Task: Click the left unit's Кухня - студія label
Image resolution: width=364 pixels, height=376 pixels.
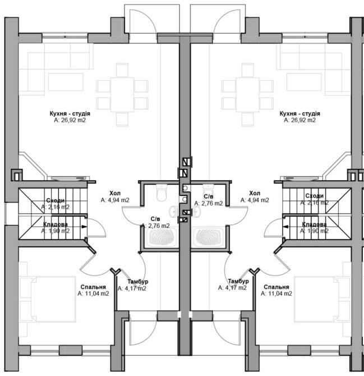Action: (x=70, y=113)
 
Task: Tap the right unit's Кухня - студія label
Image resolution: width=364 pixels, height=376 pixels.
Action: (x=300, y=113)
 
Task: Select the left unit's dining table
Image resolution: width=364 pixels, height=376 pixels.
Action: (x=122, y=95)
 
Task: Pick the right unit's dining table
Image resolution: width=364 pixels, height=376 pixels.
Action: (x=247, y=95)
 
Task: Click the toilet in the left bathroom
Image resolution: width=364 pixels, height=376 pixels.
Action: (x=162, y=192)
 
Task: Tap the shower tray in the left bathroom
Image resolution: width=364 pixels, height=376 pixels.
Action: (x=162, y=237)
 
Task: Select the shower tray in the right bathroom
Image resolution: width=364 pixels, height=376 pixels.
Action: (x=208, y=237)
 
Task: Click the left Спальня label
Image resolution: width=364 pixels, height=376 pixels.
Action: (x=93, y=287)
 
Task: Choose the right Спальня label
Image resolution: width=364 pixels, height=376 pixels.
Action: (x=277, y=287)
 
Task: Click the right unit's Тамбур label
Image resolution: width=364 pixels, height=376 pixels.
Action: (x=238, y=281)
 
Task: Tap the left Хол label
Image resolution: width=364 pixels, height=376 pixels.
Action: (x=115, y=193)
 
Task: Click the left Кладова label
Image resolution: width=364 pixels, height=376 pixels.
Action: (x=56, y=224)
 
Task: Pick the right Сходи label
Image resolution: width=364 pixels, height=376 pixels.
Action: (x=315, y=196)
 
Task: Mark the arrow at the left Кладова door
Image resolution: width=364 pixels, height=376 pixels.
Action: (x=84, y=226)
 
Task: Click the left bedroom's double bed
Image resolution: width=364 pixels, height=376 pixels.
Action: (x=48, y=299)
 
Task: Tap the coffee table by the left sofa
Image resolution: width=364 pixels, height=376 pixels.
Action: (x=66, y=82)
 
